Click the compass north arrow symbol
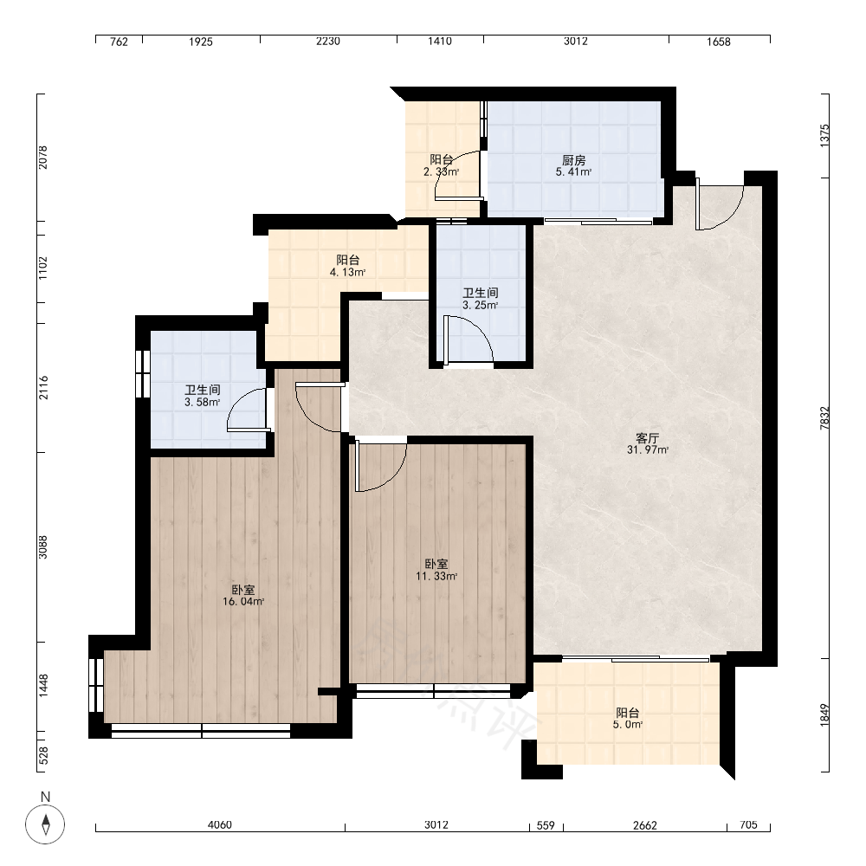coord(45,824)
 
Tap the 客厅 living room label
coord(647,438)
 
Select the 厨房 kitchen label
coord(574,160)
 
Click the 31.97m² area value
coord(647,450)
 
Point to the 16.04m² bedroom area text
coord(243,602)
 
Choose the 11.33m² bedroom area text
coord(436,577)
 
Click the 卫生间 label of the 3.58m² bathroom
coord(203,390)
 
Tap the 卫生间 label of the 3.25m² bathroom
coord(481,293)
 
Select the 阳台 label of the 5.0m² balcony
coord(628,713)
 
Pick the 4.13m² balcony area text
coord(348,272)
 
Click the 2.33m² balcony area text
coord(442,171)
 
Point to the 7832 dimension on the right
coord(824,418)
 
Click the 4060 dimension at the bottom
coord(219,825)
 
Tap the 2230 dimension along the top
coord(328,42)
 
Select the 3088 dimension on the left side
coord(43,546)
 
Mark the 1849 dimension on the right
coord(824,715)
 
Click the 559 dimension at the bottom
coord(546,825)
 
